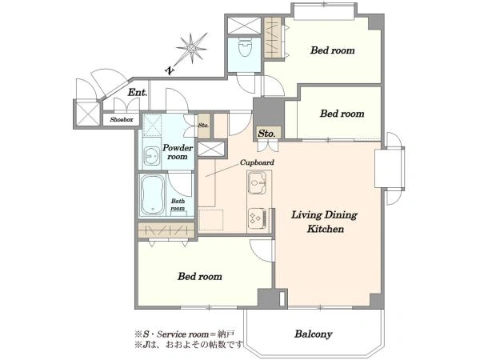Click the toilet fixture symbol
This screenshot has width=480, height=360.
point(245,47)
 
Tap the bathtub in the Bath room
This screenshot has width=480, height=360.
point(153,194)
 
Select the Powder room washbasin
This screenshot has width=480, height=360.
point(151,156)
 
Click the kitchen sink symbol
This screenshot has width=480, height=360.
point(256,182)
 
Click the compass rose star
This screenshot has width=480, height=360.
point(192,48)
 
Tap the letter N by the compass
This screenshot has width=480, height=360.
point(170,71)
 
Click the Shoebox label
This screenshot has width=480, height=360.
point(122,120)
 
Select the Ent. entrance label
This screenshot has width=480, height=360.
point(138,92)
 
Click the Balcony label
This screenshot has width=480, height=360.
point(313,334)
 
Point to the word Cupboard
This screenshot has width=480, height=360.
point(257,162)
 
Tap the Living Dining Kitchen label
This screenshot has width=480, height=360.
point(325,222)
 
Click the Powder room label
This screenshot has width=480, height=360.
point(178,152)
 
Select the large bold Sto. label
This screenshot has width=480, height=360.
point(266,134)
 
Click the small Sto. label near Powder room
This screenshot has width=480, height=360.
point(203,126)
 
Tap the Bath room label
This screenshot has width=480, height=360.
point(178,205)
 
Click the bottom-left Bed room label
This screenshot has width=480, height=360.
point(199,277)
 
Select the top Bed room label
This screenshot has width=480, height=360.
point(333,50)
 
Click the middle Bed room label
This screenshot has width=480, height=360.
point(342,114)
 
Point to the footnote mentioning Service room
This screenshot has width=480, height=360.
point(185,334)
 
